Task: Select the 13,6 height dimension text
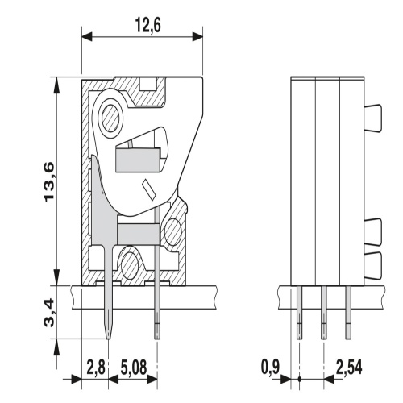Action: pos(50,183)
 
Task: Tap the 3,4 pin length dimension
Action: pos(50,312)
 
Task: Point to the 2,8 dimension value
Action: pos(95,368)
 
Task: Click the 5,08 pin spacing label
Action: pos(134,368)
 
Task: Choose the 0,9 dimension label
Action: pos(272,368)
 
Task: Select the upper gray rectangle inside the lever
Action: pos(139,160)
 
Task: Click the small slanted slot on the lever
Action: pos(149,190)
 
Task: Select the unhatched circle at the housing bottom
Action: pos(128,261)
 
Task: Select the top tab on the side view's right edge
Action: pos(375,117)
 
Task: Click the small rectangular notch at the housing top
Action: pos(149,83)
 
